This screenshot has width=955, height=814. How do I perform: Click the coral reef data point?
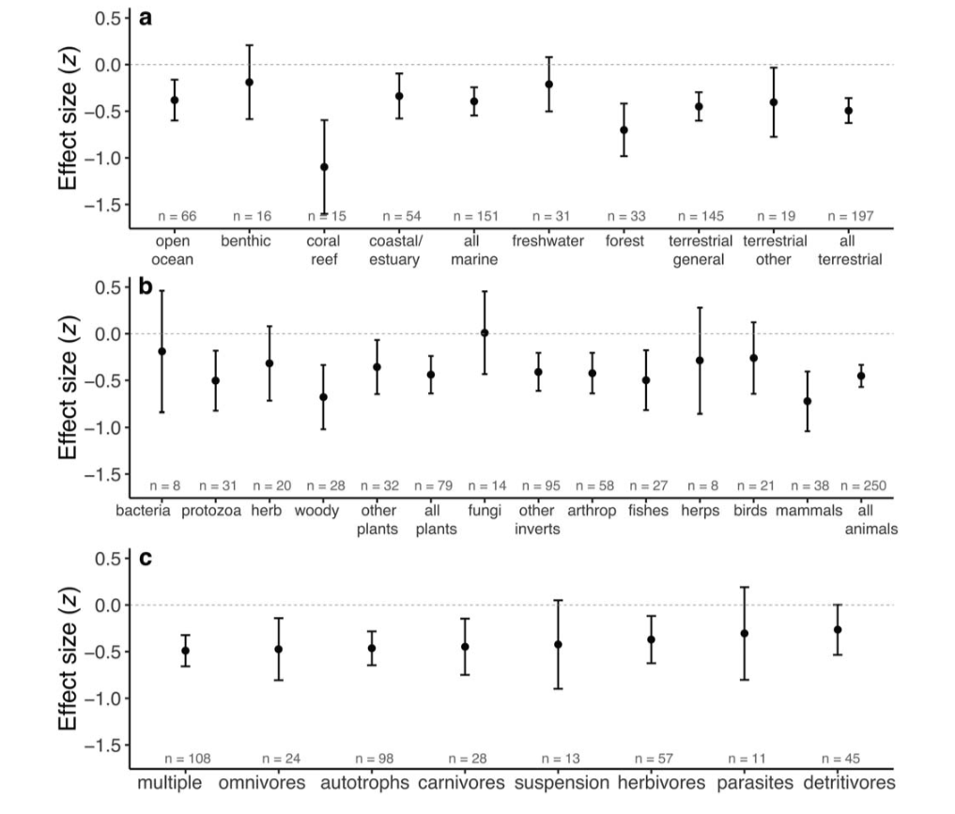324,167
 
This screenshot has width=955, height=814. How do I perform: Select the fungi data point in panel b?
485,332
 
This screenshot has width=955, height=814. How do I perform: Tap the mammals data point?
808,401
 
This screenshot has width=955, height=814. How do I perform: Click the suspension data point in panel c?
558,644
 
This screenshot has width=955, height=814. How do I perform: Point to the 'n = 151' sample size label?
474,216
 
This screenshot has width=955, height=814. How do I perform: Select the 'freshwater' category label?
547,240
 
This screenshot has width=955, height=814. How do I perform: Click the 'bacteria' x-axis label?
144,511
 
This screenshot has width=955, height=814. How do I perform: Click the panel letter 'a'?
146,16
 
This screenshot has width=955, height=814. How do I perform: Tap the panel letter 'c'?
145,559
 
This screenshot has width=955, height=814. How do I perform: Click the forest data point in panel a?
624,130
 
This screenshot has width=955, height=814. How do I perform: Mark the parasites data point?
745,633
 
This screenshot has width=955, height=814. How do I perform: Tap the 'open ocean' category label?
174,250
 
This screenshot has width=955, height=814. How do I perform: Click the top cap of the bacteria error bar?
162,291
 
